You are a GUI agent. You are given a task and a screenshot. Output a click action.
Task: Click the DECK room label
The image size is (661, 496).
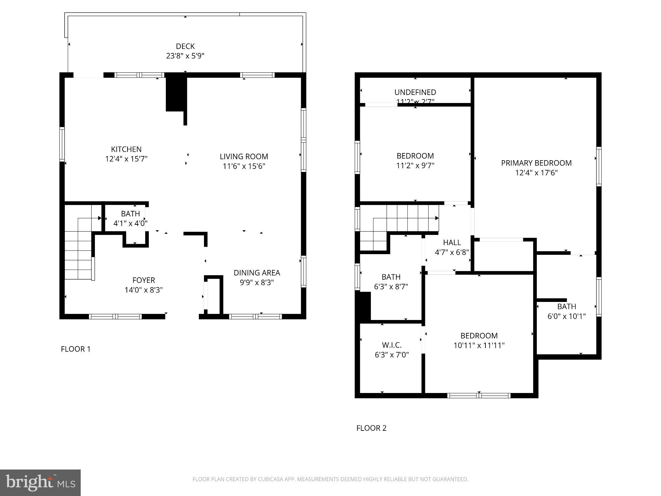tap(185, 46)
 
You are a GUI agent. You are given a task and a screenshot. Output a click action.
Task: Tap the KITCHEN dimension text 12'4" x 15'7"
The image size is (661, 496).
tap(126, 159)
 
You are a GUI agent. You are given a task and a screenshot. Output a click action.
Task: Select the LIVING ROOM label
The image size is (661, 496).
tap(244, 157)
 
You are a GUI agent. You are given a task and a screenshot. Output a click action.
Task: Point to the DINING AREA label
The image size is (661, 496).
tap(257, 273)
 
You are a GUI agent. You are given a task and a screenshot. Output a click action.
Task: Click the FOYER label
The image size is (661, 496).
tap(144, 280)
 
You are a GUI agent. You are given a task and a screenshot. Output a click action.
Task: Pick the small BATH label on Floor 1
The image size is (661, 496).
tap(130, 214)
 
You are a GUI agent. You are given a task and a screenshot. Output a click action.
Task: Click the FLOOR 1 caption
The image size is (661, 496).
tap(76, 349)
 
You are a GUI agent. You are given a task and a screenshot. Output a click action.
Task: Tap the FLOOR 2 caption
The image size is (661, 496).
tap(371, 428)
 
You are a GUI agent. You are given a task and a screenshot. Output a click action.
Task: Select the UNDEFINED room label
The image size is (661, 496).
tap(415, 92)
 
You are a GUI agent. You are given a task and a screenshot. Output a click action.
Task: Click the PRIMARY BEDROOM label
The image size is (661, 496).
tap(536, 163)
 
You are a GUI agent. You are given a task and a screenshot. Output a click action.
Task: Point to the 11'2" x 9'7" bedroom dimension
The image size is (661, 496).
tap(415, 166)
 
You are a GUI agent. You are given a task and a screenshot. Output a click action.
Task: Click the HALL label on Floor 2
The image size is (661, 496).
tap(452, 243)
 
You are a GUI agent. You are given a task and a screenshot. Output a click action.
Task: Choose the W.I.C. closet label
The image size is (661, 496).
tap(392, 345)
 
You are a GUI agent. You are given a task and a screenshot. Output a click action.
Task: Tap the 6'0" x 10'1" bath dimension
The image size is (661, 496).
tap(566, 316)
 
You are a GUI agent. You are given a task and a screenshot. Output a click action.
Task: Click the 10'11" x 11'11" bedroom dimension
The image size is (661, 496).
tap(479, 346)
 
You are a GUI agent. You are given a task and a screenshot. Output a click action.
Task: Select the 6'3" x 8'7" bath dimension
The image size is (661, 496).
tap(391, 287)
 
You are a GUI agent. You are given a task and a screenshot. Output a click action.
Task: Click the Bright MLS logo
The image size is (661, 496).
tap(40, 482)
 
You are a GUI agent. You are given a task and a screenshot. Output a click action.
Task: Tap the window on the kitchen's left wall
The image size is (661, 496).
tap(62, 144)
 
